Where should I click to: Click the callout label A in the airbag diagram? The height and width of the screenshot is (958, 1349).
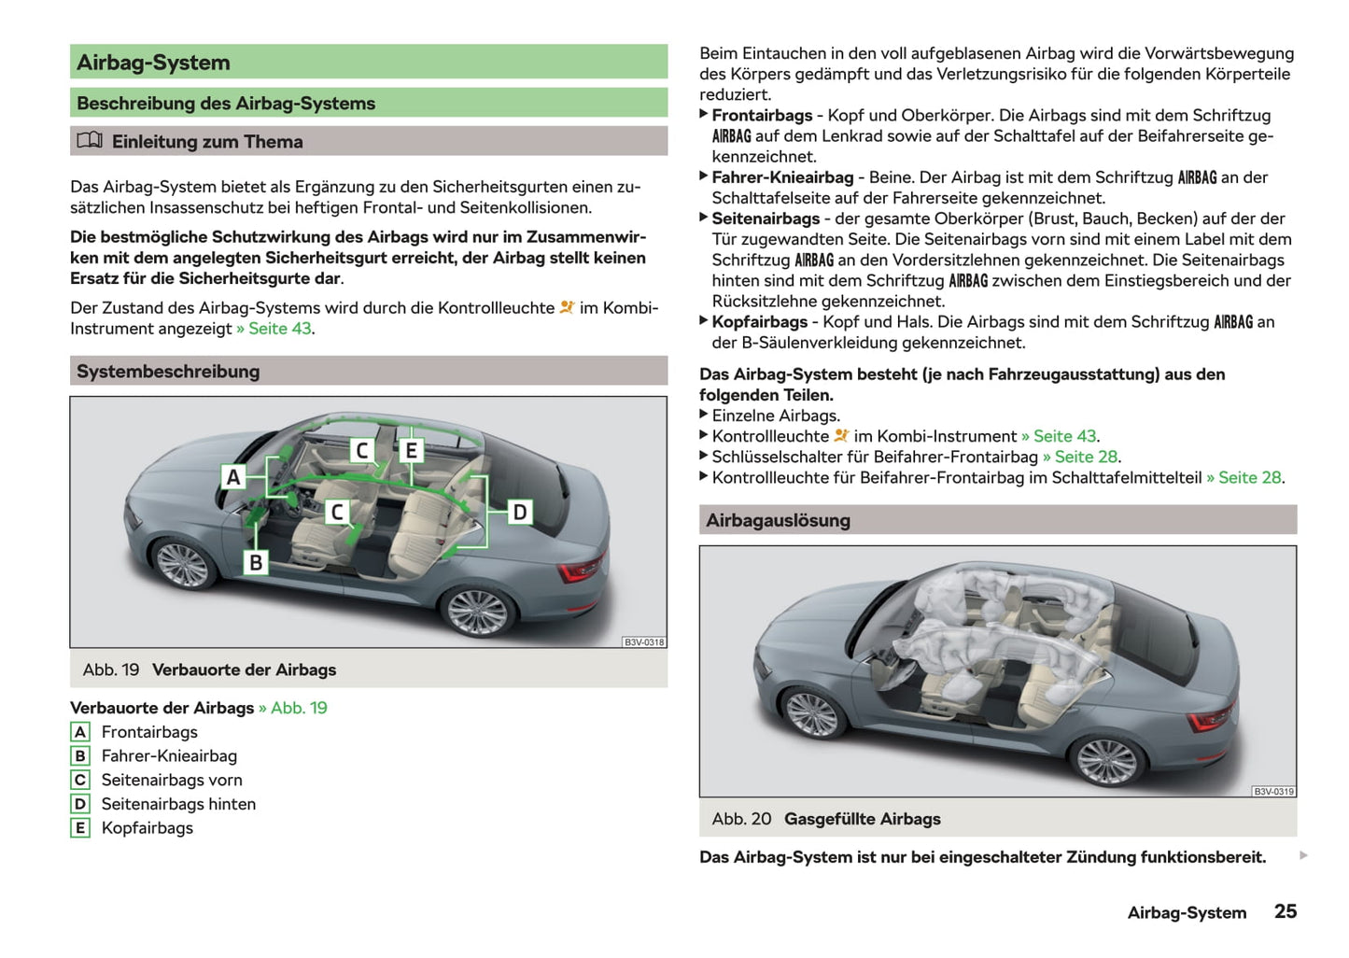(x=233, y=477)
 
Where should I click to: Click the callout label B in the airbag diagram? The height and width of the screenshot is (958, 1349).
(x=256, y=562)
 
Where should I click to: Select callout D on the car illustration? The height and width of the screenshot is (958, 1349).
(x=520, y=512)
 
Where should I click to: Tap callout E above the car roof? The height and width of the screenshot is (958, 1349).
(x=411, y=451)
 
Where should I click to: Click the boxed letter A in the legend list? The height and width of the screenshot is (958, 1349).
(x=80, y=732)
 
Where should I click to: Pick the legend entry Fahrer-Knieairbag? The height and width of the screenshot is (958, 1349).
(x=169, y=756)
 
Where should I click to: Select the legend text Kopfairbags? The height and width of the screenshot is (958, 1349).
(x=148, y=828)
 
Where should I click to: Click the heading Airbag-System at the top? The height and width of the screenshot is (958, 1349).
(x=153, y=63)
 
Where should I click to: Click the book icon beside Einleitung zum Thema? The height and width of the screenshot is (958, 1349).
(x=90, y=141)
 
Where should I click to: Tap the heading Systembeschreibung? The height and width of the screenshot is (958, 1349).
(x=168, y=372)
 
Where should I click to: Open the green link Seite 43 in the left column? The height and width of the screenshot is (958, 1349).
(x=279, y=329)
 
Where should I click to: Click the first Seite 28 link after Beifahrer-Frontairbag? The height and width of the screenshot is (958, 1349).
(x=1086, y=458)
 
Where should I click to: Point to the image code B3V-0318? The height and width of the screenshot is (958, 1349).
(x=644, y=642)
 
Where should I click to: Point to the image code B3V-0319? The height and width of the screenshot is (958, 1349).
(x=1273, y=792)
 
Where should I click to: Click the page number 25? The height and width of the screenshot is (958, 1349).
(x=1286, y=911)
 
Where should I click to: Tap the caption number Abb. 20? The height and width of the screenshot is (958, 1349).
(x=741, y=819)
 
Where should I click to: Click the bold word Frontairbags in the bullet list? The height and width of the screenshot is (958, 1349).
(x=762, y=116)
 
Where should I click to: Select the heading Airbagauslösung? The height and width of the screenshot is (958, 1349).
(x=778, y=520)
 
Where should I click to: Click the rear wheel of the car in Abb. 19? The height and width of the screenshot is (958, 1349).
(x=477, y=611)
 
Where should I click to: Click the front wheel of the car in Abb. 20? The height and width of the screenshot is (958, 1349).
(x=812, y=713)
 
